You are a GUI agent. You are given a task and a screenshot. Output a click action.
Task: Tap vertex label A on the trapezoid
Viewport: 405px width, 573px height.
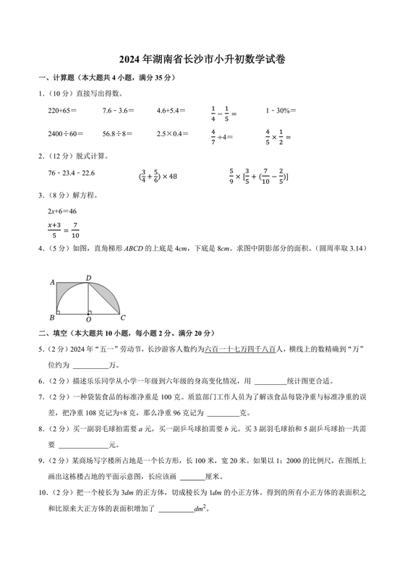[52, 282]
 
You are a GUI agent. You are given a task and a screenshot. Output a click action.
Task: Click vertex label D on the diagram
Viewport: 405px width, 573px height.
[88, 278]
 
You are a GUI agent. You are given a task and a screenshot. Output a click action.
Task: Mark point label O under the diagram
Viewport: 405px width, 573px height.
[88, 319]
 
